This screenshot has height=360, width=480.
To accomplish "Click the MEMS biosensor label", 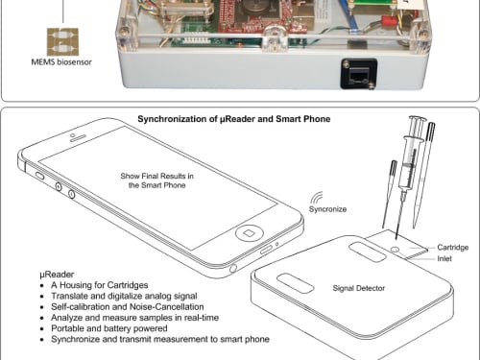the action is click(61, 62).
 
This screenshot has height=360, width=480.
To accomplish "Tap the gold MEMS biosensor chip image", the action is click(62, 42).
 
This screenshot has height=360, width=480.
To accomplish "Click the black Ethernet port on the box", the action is click(358, 75).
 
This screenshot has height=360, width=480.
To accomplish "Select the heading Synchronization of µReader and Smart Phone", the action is click(234, 119).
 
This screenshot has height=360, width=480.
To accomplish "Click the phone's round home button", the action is click(250, 233).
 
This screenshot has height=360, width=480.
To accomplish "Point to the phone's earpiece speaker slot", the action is click(78, 138).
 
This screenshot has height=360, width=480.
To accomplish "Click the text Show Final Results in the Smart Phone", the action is click(156, 180).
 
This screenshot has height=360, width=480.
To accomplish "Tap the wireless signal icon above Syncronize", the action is click(317, 198).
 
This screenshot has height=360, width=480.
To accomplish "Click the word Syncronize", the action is click(327, 209).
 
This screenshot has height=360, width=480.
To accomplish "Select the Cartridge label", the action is click(452, 248).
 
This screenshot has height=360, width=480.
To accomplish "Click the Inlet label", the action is click(444, 258).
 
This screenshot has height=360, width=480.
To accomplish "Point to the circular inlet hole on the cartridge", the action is click(396, 250).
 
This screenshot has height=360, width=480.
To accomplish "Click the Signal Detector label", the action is click(359, 288).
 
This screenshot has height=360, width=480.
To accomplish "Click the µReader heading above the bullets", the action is click(57, 275).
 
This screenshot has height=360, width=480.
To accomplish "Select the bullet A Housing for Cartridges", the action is click(100, 285).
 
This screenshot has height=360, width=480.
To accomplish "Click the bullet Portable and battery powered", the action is click(109, 328).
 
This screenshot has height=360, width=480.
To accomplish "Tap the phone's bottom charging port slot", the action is click(266, 250).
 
